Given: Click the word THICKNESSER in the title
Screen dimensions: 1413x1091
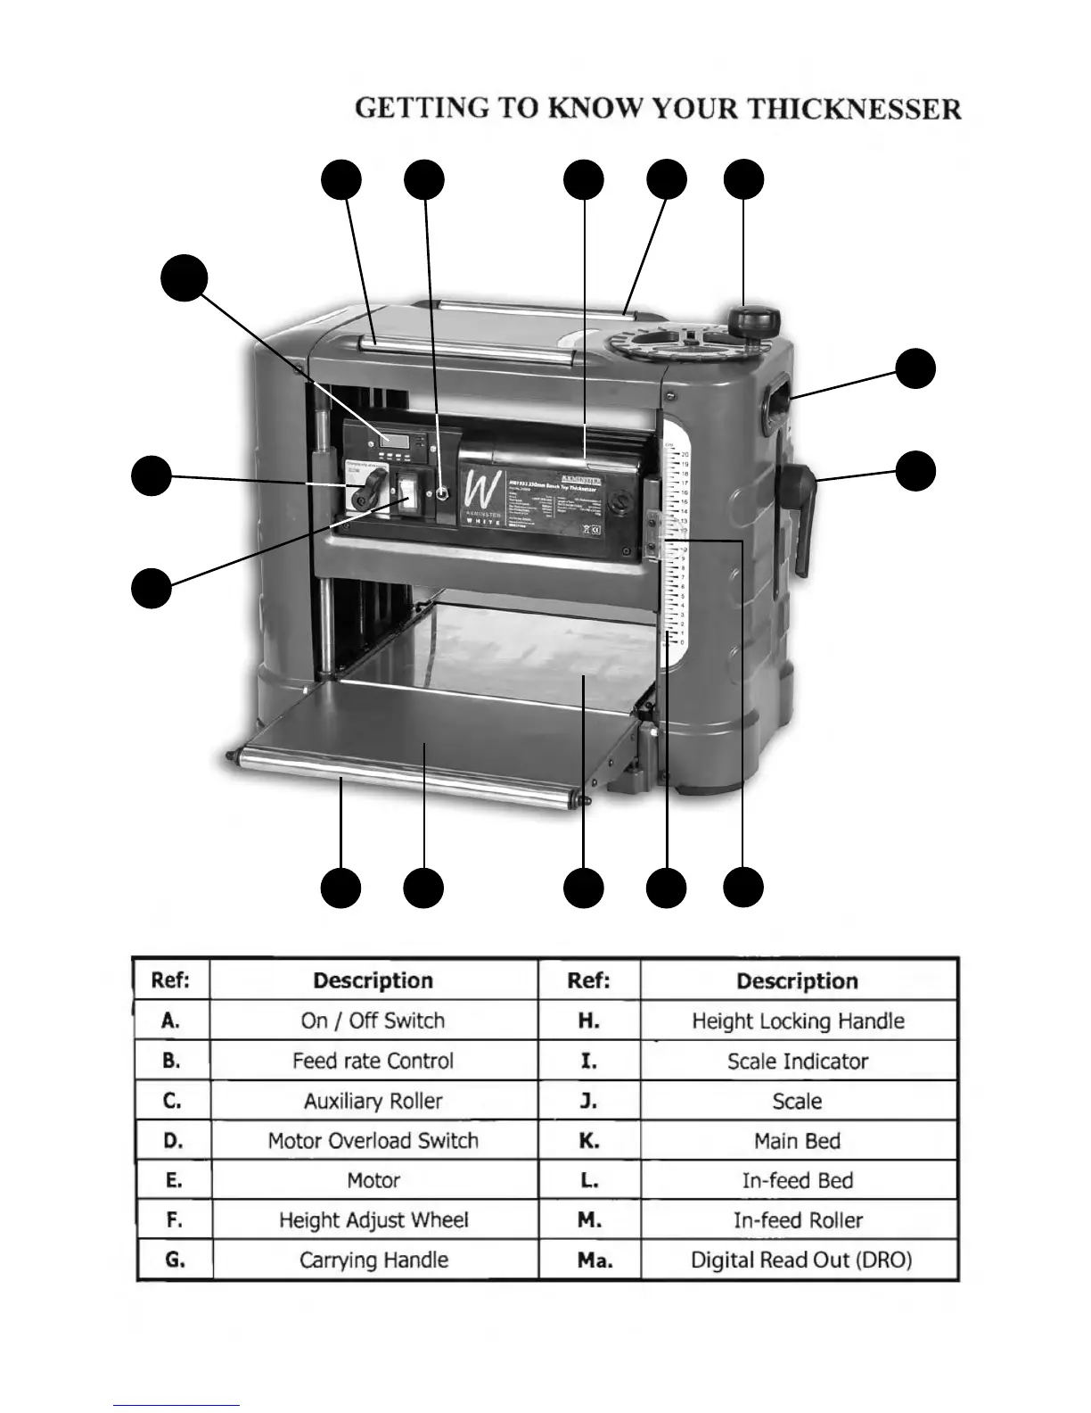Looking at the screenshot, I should point(853,110).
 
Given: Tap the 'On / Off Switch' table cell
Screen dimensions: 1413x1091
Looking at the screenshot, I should point(373,1020).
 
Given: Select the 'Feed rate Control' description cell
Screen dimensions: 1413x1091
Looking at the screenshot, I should point(373,1061).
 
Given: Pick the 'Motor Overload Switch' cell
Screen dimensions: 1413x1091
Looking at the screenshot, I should point(373,1140).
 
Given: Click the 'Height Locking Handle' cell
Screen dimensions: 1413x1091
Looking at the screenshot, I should point(798,1020).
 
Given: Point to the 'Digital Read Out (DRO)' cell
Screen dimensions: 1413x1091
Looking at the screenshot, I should point(800,1260).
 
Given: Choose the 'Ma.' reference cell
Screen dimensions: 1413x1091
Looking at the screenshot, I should point(589,1260).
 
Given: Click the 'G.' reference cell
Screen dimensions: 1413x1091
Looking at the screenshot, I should point(175,1260).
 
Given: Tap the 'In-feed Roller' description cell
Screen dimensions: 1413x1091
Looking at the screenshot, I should point(798,1219).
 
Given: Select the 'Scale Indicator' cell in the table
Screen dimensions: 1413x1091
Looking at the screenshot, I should point(798,1061).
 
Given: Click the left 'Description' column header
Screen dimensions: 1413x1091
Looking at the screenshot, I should point(373,980).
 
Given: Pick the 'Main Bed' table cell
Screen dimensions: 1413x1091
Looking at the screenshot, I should point(798,1140).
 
